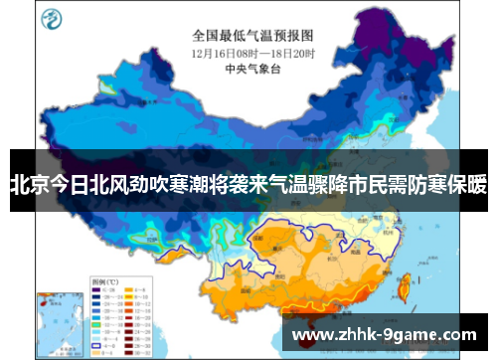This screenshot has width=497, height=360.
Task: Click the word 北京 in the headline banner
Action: point(29,183)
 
